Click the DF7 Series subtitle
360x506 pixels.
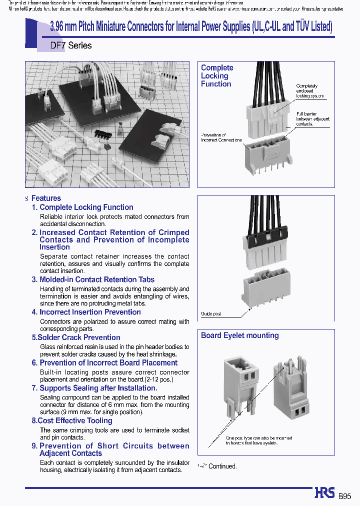click(71, 45)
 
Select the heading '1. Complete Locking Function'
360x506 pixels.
click(82, 207)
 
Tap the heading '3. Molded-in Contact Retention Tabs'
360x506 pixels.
click(93, 279)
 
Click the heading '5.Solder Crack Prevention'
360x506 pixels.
click(76, 337)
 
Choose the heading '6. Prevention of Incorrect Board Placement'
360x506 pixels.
click(104, 362)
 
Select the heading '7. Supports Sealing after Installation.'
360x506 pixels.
click(94, 388)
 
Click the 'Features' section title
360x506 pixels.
click(46, 198)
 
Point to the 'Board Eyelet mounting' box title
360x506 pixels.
click(239, 335)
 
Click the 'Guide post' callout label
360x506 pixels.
click(211, 314)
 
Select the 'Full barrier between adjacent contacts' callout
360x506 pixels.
click(306, 118)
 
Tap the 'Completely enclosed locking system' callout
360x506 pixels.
click(310, 91)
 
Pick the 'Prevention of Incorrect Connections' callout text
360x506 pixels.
click(221, 137)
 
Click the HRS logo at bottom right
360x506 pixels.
click(324, 493)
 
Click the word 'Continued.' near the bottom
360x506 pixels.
click(222, 466)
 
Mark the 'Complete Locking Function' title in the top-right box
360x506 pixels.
click(217, 76)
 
